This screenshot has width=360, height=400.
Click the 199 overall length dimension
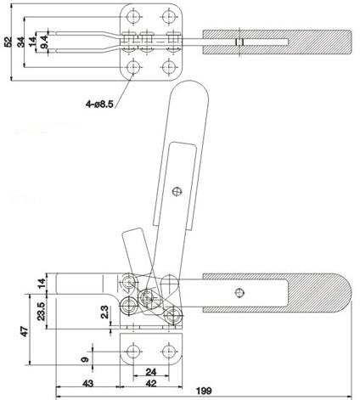pos(204,391)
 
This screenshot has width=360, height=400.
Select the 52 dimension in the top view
pos(8,42)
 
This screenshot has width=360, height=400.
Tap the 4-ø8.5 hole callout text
pos(99,104)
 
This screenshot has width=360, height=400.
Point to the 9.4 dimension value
pos(44,42)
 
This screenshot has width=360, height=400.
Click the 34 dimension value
pos(21,42)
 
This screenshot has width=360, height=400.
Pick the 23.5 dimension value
pos(42,311)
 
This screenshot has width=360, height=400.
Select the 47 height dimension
pos(25,331)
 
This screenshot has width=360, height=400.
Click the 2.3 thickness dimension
pos(104,312)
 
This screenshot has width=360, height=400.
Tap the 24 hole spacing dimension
pos(151,372)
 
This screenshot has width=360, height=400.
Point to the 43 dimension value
pos(87,384)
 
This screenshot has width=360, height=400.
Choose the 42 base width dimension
pos(151,384)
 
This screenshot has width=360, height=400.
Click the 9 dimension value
pos(85,359)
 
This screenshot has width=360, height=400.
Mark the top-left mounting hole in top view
pos(133,17)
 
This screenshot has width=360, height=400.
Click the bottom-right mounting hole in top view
pos(170,67)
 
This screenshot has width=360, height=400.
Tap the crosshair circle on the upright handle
pos(177,192)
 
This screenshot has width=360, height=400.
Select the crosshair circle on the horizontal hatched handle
pos(240,293)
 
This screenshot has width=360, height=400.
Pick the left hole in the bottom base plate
pos(132,352)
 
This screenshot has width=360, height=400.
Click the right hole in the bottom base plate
pos(169,352)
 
